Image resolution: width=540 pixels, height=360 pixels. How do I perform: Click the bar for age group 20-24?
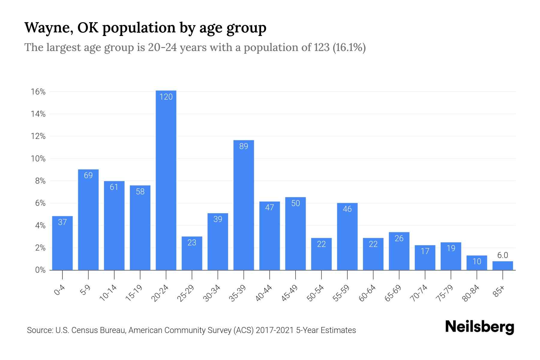coord(166,180)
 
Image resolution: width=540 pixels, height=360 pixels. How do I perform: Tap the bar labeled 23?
coord(192,253)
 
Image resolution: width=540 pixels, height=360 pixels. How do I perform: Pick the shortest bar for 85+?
coord(502,266)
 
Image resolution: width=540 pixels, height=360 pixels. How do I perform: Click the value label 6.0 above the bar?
coord(502,255)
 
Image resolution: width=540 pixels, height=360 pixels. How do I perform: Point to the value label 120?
coord(166,97)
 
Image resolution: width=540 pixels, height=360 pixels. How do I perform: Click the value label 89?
coord(244,146)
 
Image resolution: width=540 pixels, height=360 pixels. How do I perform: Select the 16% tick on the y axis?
coord(38,92)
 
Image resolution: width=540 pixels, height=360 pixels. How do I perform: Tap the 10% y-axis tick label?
coord(38,159)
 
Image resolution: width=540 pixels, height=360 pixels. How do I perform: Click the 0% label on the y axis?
coord(40,270)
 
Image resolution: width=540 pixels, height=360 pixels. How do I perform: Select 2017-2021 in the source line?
coord(274,330)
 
